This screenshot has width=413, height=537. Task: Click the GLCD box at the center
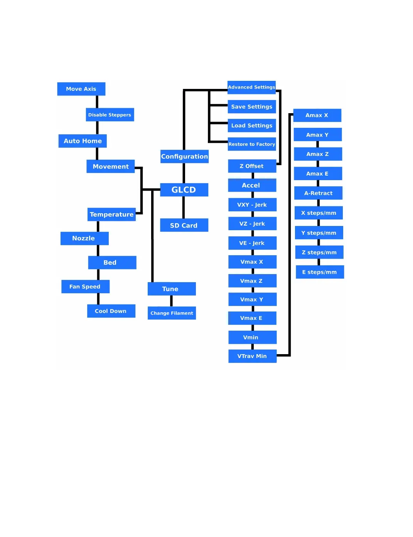[x=184, y=190]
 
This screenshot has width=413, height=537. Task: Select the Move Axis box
[x=81, y=89]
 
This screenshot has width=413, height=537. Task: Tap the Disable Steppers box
[x=110, y=115]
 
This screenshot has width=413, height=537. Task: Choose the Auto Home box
[x=83, y=141]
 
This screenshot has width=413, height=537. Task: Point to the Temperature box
[x=111, y=214]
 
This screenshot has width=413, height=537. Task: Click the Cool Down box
[x=111, y=311]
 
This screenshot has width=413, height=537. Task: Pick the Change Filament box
[x=172, y=313]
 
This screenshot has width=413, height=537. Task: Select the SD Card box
[x=184, y=225]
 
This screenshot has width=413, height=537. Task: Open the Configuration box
[x=184, y=156]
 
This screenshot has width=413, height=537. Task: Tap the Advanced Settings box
[x=251, y=87]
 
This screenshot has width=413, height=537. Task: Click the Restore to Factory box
[x=252, y=144]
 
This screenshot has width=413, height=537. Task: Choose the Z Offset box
[x=252, y=166]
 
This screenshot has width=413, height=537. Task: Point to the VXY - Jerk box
[x=252, y=205]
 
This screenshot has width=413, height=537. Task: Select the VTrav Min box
[x=252, y=356]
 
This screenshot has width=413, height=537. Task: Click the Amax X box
[x=317, y=115]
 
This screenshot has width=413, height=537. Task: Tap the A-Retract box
[x=318, y=193]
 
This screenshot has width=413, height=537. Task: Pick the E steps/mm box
[x=320, y=272]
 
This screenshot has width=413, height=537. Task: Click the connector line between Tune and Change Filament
[x=171, y=301]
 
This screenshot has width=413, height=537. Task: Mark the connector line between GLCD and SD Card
[x=184, y=207]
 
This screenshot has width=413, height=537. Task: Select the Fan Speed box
[x=85, y=286]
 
